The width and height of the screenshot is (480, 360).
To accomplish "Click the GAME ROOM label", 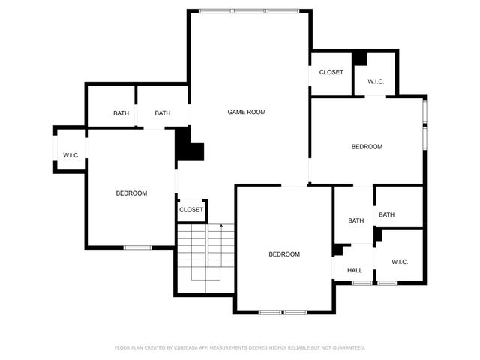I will click(247, 112).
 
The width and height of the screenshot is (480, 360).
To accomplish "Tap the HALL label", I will click(355, 270).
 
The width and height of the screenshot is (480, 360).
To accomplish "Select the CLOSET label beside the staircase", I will click(190, 210).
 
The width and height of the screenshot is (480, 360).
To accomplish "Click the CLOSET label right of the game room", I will click(331, 72).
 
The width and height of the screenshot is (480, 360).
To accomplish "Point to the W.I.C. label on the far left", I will click(71, 155).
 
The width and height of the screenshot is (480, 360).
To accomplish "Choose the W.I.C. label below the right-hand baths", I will click(399, 262).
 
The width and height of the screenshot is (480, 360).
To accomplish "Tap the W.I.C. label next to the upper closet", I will click(376, 81).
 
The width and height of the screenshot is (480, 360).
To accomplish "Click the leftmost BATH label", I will click(121, 113).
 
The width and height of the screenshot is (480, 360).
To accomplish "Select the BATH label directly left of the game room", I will click(163, 113).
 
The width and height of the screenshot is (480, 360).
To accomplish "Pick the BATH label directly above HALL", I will click(355, 220).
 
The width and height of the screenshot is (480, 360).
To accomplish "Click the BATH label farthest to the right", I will click(386, 215).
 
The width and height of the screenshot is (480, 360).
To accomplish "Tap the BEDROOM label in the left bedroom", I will click(131, 193).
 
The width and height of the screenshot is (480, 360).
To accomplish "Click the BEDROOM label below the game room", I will click(284, 254).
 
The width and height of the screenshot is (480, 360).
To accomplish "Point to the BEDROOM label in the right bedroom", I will click(367, 147).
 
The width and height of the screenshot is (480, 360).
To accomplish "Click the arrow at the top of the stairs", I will click(221, 225).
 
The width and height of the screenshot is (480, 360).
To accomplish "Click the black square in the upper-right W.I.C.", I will click(360, 58).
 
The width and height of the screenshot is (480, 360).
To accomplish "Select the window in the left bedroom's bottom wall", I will click(138, 247).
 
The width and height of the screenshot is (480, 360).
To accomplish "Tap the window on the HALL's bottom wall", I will click(361, 283).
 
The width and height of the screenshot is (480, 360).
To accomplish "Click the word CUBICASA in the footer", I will click(191, 347).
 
